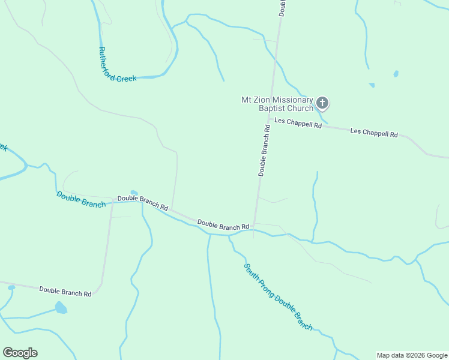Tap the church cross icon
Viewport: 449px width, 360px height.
322,103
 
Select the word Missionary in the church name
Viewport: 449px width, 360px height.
292,100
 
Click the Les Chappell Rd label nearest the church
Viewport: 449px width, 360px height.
298,124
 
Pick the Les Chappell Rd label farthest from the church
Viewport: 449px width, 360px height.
374,132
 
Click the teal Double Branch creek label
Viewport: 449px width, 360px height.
81,199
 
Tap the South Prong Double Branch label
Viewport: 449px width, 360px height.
278,296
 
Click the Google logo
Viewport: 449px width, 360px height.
20,353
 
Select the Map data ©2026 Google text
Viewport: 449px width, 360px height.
412,355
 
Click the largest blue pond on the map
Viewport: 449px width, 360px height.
61,308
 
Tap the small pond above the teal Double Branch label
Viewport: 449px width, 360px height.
133,193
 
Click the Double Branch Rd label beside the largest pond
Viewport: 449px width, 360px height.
65,292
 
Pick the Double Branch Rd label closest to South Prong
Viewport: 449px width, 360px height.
223,226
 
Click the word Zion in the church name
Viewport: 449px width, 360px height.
262,100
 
